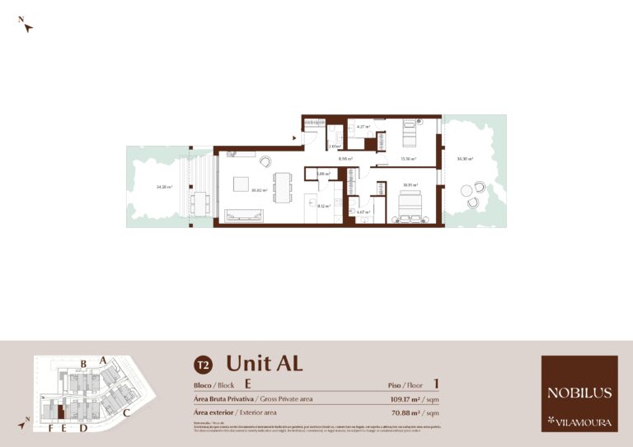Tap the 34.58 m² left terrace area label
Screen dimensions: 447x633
163,187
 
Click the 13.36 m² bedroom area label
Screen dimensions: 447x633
408,158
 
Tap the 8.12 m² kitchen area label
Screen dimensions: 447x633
324,206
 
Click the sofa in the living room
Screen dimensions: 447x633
244,216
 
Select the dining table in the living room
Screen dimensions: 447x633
282,187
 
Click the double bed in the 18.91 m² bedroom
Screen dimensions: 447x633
410,203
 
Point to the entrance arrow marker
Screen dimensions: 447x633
294,138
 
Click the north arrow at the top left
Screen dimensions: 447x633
27,26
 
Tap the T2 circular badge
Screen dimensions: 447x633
202,364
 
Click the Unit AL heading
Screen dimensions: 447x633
264,363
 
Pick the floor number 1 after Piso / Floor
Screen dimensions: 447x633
435,384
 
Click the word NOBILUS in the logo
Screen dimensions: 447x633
579,393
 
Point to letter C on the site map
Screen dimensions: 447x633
126,412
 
